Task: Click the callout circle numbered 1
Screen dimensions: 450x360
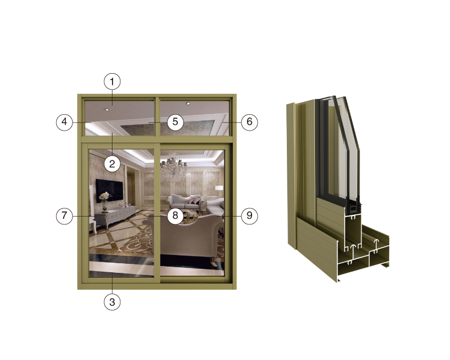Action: coord(112,82)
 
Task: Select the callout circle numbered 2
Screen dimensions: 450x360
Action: coord(112,164)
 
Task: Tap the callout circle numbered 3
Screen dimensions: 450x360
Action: coord(112,301)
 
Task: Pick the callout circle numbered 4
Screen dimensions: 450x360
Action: coord(64,122)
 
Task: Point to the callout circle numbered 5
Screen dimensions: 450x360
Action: coord(175,122)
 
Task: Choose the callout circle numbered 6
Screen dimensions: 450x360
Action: coord(249,122)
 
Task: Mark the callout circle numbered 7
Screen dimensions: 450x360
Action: coord(64,215)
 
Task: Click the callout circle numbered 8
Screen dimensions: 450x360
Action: coord(175,215)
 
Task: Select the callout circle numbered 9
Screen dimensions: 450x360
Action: coord(249,215)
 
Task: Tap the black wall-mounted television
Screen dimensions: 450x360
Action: coord(109,190)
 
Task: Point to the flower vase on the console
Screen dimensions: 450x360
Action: coord(104,202)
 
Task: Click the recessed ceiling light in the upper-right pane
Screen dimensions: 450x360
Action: coord(188,103)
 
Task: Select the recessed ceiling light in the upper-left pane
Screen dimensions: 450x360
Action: coord(107,109)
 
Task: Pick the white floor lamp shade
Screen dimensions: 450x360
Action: coord(219,188)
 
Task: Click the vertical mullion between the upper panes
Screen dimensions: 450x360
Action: coord(157,117)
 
